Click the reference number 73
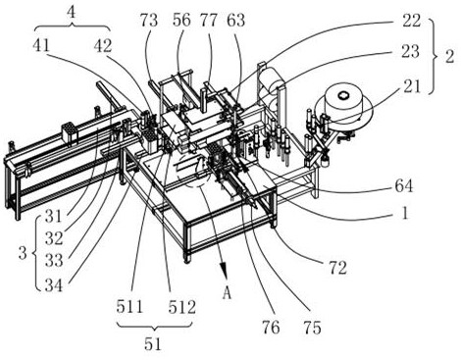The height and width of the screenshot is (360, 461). (149, 21)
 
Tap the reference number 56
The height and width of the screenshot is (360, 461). (181, 21)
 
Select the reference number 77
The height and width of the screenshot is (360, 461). (209, 21)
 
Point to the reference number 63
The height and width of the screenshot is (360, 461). (236, 21)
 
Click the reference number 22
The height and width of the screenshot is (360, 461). (411, 21)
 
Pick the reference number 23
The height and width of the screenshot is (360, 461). (410, 52)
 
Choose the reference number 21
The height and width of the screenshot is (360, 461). (411, 86)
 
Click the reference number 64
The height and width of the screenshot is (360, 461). (404, 186)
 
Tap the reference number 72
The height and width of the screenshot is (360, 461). (337, 268)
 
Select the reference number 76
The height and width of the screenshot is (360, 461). (271, 328)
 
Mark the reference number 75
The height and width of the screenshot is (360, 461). (313, 328)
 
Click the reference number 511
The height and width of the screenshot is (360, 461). (129, 307)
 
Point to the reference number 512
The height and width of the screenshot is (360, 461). (182, 307)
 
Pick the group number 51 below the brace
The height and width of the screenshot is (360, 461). (153, 344)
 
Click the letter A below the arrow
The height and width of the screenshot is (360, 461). (227, 293)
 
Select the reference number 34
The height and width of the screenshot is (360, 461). (54, 285)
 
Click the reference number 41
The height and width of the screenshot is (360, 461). (41, 45)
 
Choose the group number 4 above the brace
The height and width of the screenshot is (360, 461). (71, 13)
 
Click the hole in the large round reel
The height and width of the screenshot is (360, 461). (343, 95)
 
